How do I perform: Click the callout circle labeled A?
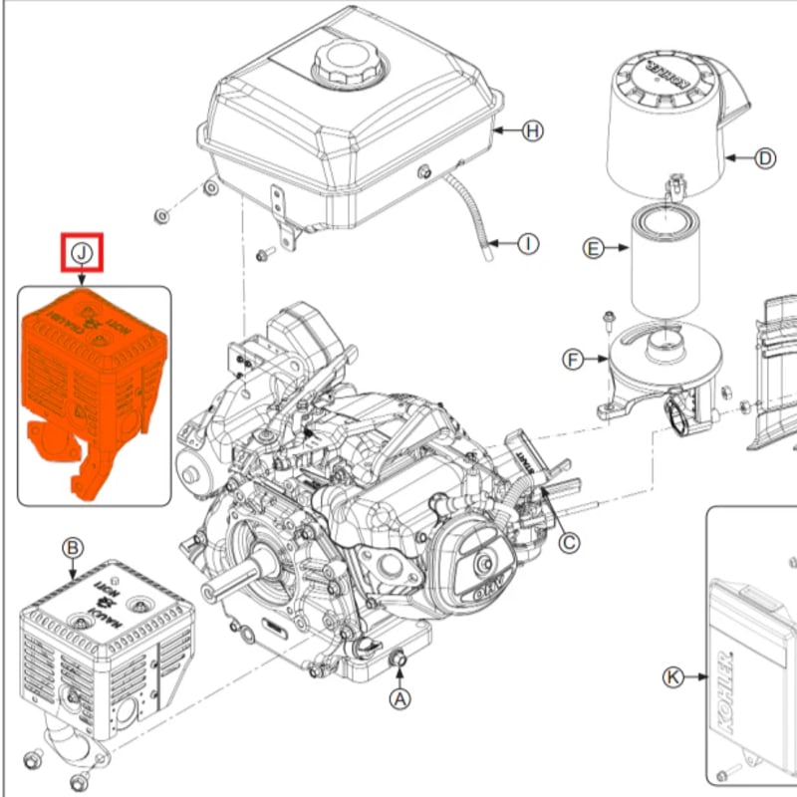click(x=399, y=699)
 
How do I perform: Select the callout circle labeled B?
click(x=72, y=548)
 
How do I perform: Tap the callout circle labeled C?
click(x=568, y=542)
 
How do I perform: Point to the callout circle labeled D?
click(x=764, y=157)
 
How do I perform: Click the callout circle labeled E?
click(x=594, y=248)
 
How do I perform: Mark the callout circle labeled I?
click(x=528, y=242)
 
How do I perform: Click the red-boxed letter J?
click(x=83, y=254)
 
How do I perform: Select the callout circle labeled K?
click(x=674, y=677)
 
